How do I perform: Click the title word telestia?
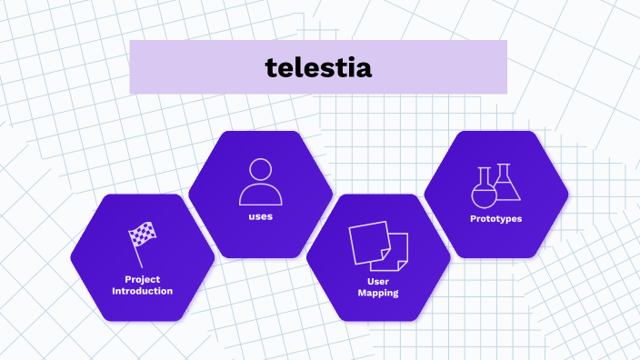tap(318, 67)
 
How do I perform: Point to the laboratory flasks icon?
tap(496, 185)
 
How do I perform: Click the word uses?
tap(260, 216)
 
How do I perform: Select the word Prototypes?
tap(496, 218)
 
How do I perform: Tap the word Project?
tap(142, 279)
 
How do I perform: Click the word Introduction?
tap(142, 291)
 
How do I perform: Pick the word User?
tap(378, 282)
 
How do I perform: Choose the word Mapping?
tap(378, 294)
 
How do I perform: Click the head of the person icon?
tap(260, 170)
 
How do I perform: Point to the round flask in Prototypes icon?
tap(483, 191)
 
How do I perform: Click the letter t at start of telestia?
tap(270, 67)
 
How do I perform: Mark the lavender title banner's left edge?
tap(131, 67)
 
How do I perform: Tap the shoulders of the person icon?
tap(260, 195)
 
